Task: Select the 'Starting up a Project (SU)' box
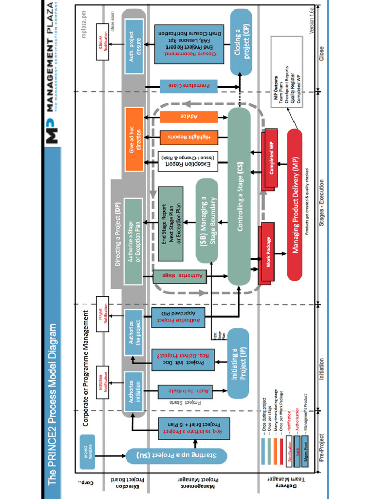176,456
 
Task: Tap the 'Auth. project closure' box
134,47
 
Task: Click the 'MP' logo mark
53,129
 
